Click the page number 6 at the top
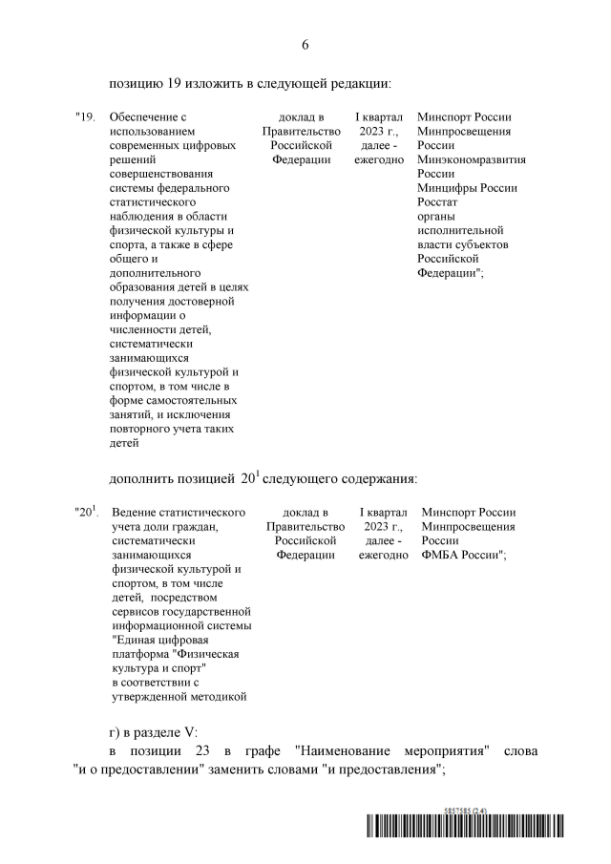point(305,45)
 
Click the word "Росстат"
point(438,202)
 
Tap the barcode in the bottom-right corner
point(483,830)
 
